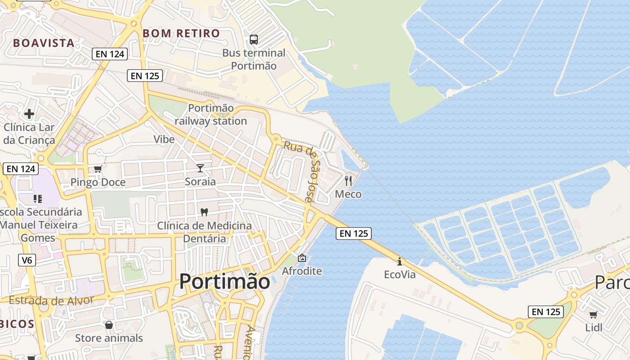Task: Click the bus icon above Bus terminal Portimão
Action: tap(254, 40)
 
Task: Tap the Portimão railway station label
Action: tap(211, 115)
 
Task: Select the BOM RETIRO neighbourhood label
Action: tap(181, 33)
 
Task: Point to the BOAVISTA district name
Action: tap(44, 43)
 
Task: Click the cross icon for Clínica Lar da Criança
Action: tap(29, 113)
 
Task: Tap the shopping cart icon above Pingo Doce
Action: tap(98, 169)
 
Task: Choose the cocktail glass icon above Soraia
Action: tap(200, 168)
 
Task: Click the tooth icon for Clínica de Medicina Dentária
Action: tap(204, 211)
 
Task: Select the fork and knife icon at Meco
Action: tap(348, 181)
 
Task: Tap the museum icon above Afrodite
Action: tap(301, 258)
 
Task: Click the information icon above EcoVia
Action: tap(400, 261)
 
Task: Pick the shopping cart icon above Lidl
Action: tap(594, 314)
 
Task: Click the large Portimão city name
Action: tap(225, 282)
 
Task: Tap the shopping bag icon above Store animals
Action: tap(108, 325)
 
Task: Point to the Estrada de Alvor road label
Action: tap(51, 300)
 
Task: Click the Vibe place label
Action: tap(164, 139)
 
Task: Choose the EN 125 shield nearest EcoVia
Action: tap(353, 233)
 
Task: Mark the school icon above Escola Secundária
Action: tap(38, 198)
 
